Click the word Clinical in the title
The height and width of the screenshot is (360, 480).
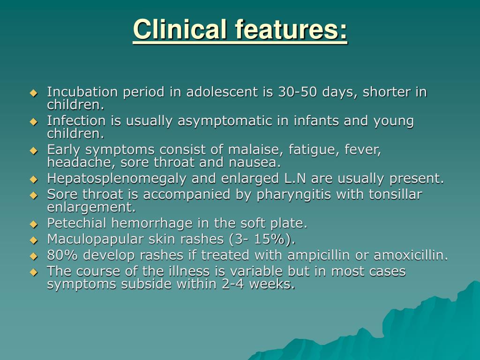(x=180, y=30)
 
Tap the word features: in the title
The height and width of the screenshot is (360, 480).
(x=291, y=30)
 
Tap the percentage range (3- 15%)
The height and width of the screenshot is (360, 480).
(x=262, y=240)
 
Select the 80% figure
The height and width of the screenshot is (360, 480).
(x=59, y=255)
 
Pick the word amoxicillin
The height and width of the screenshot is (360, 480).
(x=408, y=255)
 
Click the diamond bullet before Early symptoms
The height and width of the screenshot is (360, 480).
(x=33, y=151)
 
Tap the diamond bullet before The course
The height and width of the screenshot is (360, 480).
(x=33, y=272)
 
